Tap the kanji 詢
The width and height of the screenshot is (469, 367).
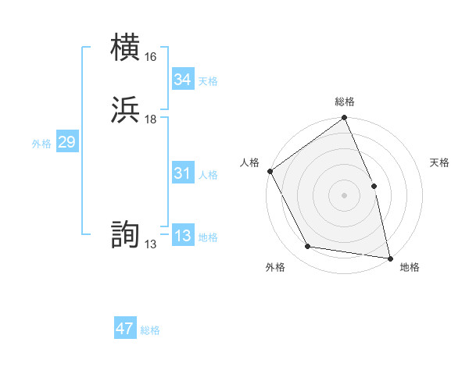[126, 236]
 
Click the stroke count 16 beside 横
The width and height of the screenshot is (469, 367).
[150, 57]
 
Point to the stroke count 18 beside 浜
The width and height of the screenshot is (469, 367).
[150, 119]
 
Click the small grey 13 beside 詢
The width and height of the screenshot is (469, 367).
[150, 244]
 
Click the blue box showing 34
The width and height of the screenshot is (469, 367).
[182, 80]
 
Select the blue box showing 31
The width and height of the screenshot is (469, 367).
[182, 174]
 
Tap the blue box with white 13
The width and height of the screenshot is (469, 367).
[182, 237]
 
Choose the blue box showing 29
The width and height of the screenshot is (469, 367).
[66, 143]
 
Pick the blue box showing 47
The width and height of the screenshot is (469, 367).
[125, 329]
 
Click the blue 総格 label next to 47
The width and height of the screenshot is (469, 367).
[150, 330]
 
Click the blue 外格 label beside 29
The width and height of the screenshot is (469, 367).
[41, 144]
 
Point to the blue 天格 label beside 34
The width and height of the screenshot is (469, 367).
[208, 81]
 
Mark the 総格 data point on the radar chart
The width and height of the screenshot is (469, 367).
[344, 119]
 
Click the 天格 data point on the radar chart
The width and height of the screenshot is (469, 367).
[374, 186]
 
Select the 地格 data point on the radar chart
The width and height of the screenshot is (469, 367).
[389, 258]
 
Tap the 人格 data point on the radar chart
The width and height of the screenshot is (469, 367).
[270, 171]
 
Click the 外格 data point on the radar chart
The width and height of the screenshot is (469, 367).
[308, 247]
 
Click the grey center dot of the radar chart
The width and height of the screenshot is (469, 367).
[344, 195]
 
